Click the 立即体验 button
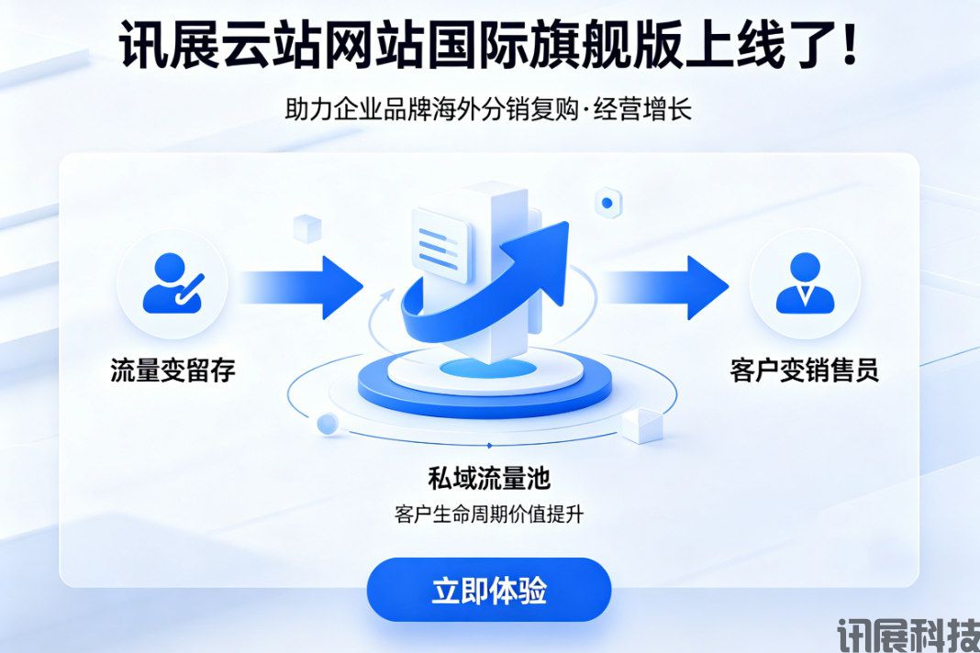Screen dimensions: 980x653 point(488,590)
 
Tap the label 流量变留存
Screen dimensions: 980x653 point(173,370)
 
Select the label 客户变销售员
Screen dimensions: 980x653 point(805,370)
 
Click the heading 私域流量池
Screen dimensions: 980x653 point(489,478)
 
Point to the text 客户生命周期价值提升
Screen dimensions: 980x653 point(489,515)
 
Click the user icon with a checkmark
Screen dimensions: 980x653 point(173,283)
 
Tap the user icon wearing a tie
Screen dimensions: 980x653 point(805,283)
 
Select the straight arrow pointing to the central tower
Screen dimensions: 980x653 point(301,288)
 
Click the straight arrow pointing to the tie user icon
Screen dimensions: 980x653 point(666,287)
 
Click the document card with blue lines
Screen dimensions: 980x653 point(440,245)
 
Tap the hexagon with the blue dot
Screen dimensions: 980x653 point(607,203)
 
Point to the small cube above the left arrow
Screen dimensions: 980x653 point(306,227)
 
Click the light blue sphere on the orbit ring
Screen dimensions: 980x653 point(327,424)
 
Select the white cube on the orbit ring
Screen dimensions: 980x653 point(642,426)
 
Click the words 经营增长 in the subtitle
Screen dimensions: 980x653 point(642,109)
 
